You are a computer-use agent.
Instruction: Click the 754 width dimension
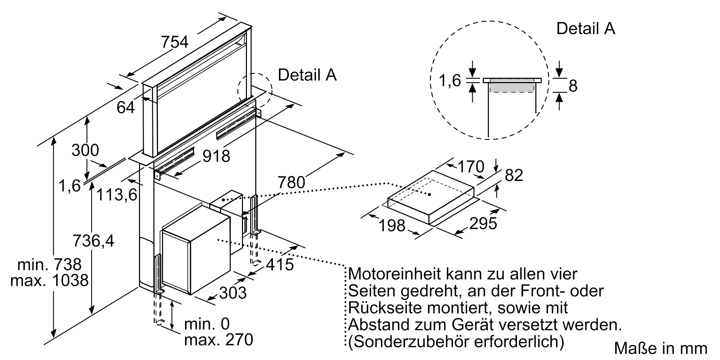(x=175, y=42)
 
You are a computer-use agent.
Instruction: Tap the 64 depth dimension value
(x=126, y=107)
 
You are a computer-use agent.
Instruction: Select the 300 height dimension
(x=85, y=150)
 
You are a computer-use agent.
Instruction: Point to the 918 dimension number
(x=216, y=156)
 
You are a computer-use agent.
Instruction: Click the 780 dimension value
(x=291, y=183)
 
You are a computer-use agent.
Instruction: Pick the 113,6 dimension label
(x=117, y=195)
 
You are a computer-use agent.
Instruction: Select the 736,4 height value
(x=93, y=240)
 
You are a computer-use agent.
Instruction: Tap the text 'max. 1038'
(x=49, y=280)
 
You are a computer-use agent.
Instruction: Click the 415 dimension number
(x=280, y=265)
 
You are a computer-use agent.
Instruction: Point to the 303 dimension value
(x=233, y=293)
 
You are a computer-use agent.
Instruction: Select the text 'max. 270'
(x=219, y=340)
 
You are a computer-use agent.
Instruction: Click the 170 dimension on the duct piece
(x=471, y=167)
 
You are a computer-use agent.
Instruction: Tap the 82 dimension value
(x=514, y=175)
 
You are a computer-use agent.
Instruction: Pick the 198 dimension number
(x=392, y=226)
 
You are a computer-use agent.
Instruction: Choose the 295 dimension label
(x=483, y=224)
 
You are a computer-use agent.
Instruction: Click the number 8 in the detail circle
(x=573, y=86)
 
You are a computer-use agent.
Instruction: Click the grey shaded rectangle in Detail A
(x=512, y=86)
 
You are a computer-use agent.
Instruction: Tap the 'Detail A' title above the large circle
(x=586, y=28)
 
